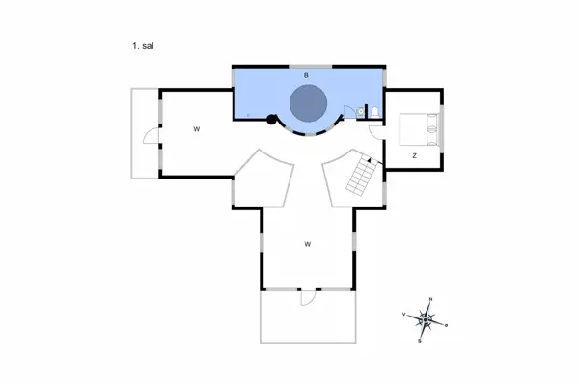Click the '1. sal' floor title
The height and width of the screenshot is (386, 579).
[x=139, y=44]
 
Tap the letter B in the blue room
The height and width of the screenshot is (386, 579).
[x=306, y=74]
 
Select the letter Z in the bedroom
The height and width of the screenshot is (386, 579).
[x=414, y=154]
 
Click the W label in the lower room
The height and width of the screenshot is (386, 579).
[x=307, y=244]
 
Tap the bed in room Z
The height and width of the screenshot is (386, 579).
[x=421, y=125]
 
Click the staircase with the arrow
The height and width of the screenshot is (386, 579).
[x=361, y=176]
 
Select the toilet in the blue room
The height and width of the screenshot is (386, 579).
[x=373, y=113]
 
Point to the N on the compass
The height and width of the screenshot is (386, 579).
[x=430, y=298]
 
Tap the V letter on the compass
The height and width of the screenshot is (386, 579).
[x=402, y=314]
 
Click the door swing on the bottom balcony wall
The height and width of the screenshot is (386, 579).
[x=306, y=298]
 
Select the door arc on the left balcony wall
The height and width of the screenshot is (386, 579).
[x=151, y=138]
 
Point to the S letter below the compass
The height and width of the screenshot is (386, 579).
[x=420, y=341]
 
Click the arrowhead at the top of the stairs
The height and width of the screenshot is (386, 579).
[x=368, y=157]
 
